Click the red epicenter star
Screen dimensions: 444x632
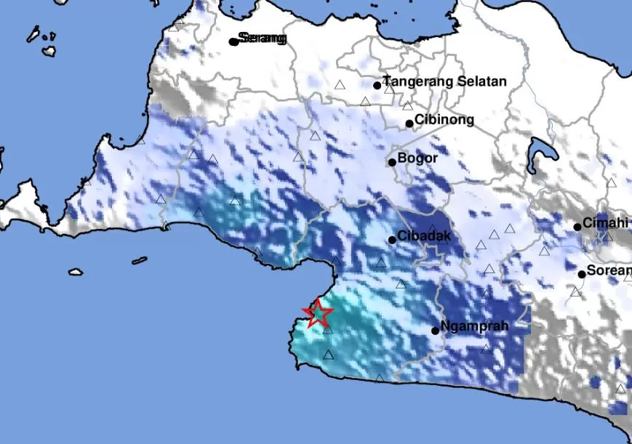[318, 314]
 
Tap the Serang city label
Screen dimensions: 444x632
[263, 38]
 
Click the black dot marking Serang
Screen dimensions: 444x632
[233, 41]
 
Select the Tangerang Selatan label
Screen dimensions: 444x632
[444, 81]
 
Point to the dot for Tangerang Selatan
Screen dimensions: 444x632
[377, 85]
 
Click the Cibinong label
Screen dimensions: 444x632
[444, 120]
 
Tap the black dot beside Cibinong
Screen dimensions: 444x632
[409, 124]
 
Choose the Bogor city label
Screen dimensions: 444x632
[417, 158]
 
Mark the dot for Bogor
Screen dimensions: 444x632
[392, 162]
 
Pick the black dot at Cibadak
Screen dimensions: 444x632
[392, 240]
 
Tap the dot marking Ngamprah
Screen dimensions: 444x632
[435, 331]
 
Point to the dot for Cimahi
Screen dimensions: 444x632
[577, 227]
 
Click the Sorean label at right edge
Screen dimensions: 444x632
[609, 271]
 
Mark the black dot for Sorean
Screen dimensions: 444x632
[582, 274]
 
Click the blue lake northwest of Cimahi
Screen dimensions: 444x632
[543, 151]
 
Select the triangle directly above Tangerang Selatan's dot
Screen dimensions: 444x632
[340, 85]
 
